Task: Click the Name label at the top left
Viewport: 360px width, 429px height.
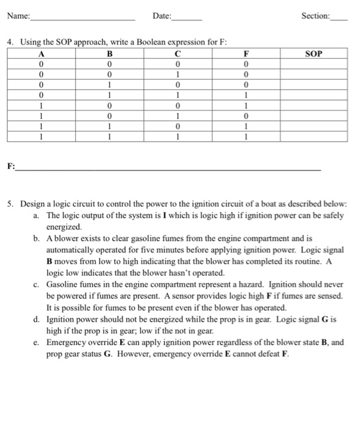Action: click(18, 15)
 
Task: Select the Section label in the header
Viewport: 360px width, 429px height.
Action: click(315, 15)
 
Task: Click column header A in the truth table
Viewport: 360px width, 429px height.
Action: click(40, 53)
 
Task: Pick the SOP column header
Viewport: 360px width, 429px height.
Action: click(312, 53)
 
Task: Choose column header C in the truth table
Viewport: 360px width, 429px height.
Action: click(177, 53)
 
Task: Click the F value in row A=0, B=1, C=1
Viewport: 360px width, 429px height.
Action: click(246, 95)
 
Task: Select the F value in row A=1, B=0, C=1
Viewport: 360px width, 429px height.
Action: click(246, 115)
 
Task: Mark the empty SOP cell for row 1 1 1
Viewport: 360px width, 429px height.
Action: click(312, 136)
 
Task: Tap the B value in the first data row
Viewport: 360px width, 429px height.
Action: click(109, 64)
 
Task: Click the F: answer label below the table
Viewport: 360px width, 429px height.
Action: click(11, 167)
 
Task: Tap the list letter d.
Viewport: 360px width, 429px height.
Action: click(39, 320)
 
